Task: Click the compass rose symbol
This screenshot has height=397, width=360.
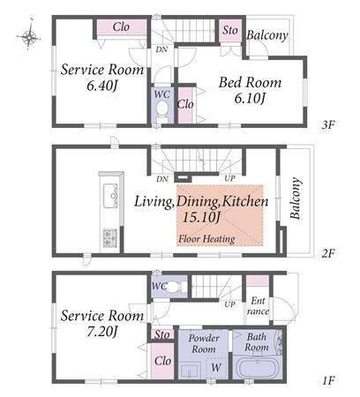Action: pos(28,36)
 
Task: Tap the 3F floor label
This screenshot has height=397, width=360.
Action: pos(328,125)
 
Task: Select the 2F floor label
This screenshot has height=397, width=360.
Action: pos(328,253)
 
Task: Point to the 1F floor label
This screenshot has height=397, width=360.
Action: pos(328,381)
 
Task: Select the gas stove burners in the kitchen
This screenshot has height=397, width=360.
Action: pos(109,238)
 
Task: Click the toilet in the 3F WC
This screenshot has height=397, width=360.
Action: pos(161,112)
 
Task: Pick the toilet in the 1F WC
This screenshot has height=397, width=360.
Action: pos(176,286)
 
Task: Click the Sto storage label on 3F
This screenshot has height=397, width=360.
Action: pos(230,30)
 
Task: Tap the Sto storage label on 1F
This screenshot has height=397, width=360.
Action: pos(162,334)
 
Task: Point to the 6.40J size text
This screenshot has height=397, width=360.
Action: pos(101,86)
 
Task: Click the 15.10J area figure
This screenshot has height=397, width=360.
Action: pos(201,217)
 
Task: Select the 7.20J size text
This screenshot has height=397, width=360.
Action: pos(102,332)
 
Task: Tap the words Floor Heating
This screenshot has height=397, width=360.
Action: pos(206,239)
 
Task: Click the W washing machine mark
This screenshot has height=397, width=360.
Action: pos(216,367)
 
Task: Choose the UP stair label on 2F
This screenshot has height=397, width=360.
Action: pos(229,178)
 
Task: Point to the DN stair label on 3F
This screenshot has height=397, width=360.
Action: pos(161,49)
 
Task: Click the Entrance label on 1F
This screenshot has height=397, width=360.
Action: pos(258,306)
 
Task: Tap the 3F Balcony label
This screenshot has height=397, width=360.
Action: pos(267,35)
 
